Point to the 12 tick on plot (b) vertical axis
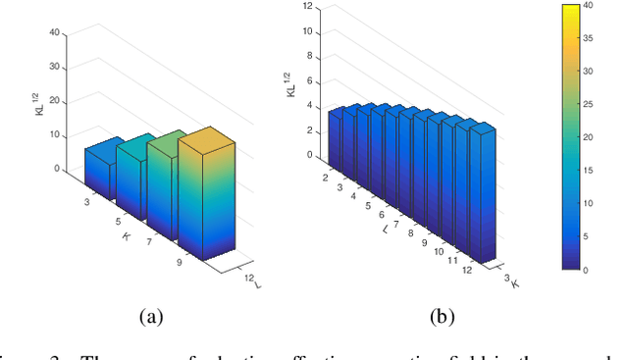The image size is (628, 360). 307,7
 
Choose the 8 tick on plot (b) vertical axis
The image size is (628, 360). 309,56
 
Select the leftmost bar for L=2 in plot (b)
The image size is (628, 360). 334,137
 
